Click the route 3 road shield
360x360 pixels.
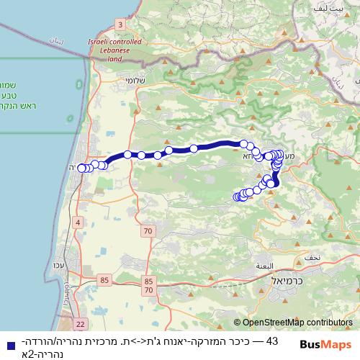click(120, 24)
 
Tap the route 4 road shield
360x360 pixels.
click(77, 222)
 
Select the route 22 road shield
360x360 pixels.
click(79, 325)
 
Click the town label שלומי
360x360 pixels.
click(135, 81)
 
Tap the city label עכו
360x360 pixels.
click(60, 265)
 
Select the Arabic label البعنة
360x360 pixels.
click(264, 266)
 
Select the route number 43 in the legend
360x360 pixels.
click(271, 341)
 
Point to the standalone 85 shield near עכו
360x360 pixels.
click(105, 279)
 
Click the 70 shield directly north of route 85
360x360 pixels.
click(148, 230)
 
